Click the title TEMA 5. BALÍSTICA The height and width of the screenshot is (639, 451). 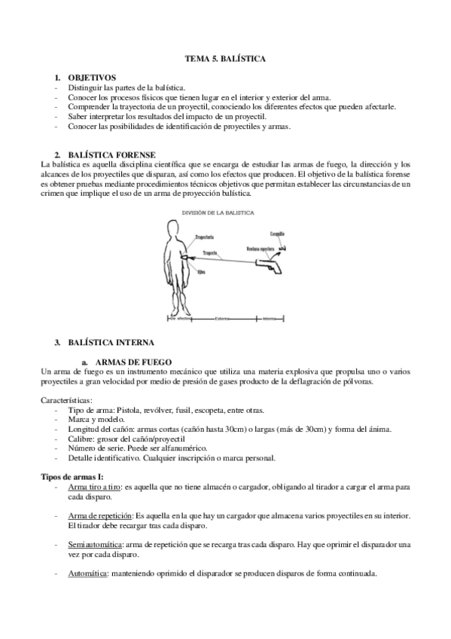point(225,58)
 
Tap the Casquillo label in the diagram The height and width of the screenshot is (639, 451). point(277,234)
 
